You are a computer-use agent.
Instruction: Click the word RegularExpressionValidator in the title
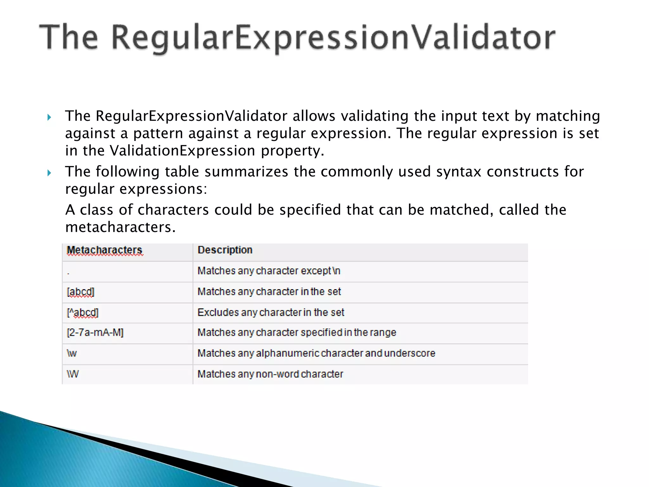pos(333,38)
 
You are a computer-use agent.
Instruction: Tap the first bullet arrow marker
pos(49,118)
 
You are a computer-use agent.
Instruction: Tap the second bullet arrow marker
pos(49,173)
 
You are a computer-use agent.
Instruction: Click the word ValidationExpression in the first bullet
pos(182,151)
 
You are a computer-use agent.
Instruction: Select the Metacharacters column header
pos(105,250)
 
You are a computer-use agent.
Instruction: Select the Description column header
pos(225,250)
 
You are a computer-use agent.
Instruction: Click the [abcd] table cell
pos(80,292)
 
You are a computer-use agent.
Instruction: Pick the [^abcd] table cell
pos(83,313)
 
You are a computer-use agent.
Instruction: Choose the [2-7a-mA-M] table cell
pos(95,333)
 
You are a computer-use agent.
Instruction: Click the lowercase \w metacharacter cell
pos(72,353)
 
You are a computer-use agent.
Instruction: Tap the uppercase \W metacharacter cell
pos(73,374)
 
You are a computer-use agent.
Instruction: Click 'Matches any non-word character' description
pos(270,374)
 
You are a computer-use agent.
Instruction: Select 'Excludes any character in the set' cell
pos(271,313)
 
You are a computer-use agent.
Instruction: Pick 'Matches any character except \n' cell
pos(269,271)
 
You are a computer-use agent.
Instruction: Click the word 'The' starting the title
pos(68,38)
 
